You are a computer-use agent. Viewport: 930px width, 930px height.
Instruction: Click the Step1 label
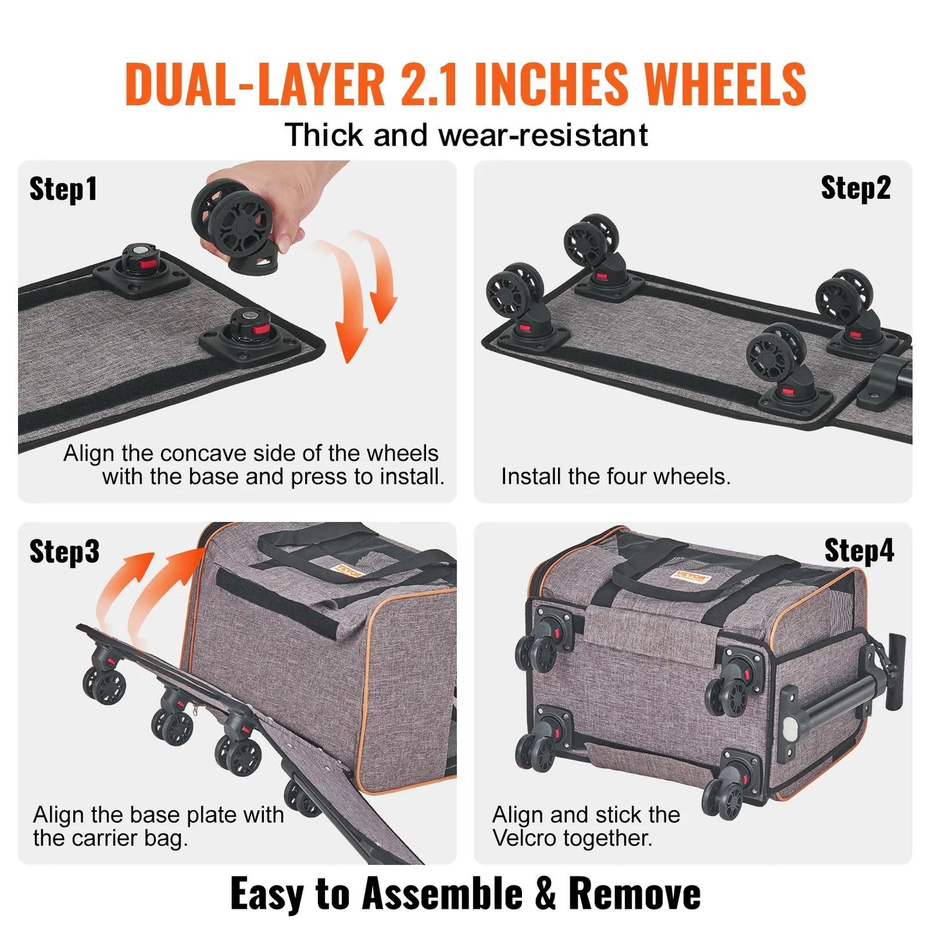click(63, 189)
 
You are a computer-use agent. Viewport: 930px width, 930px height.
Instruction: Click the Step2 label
click(855, 188)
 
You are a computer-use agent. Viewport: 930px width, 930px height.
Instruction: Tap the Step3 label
click(64, 552)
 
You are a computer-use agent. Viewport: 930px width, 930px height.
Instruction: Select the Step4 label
click(859, 551)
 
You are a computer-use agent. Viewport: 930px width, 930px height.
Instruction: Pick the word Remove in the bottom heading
click(635, 894)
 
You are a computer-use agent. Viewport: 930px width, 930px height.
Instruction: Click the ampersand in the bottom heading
click(545, 894)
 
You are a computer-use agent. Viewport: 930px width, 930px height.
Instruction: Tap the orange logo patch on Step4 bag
click(691, 576)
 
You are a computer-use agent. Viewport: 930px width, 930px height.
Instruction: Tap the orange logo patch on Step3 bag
click(348, 570)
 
